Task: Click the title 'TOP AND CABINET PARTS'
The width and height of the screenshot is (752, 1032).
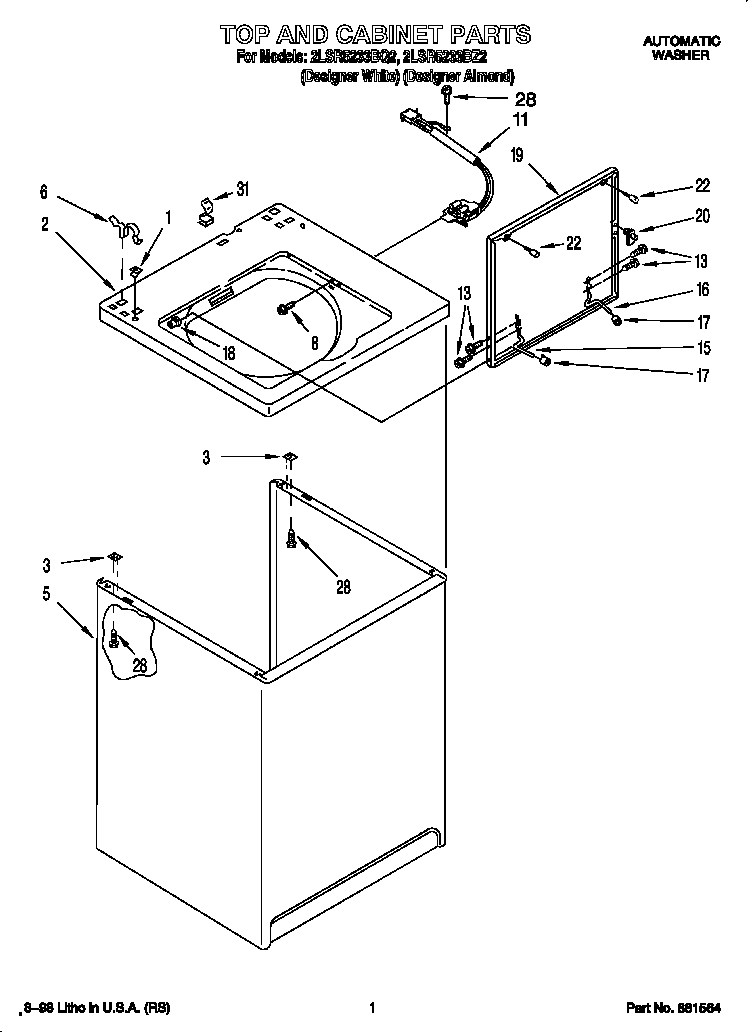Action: (374, 34)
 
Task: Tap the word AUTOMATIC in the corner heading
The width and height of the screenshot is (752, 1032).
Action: (681, 41)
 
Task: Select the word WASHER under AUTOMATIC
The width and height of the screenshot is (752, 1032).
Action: (681, 56)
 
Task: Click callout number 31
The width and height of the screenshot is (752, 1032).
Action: (242, 190)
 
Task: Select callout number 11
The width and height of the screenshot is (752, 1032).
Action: (520, 120)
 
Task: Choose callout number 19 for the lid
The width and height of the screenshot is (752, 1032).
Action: (516, 154)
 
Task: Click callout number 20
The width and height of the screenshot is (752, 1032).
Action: (702, 214)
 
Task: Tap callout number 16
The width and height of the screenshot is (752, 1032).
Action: (702, 290)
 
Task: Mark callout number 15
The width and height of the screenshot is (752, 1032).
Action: (704, 349)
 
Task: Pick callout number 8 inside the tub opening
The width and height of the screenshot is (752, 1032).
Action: (314, 341)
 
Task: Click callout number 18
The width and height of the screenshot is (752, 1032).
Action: (229, 352)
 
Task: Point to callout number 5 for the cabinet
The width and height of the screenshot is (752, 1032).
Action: (46, 593)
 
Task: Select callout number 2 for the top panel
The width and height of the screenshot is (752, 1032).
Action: (45, 225)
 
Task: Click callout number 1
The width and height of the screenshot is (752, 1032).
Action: (168, 216)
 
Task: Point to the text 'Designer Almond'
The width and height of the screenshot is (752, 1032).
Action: (468, 76)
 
